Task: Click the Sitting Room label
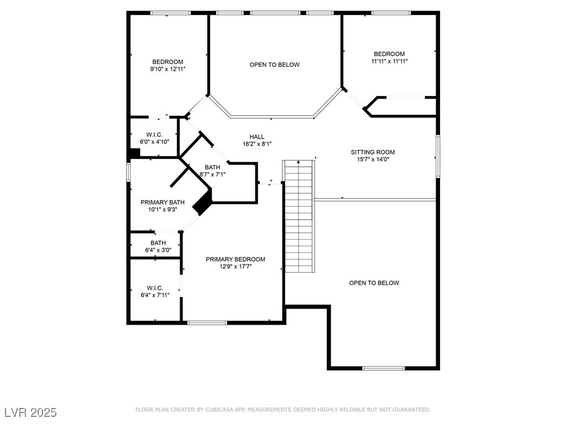[x=373, y=152]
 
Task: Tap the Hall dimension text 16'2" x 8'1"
[x=256, y=144]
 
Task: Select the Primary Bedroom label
[x=235, y=259]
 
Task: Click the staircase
[x=299, y=215]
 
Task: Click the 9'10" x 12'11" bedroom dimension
[x=167, y=69]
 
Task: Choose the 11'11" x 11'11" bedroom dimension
[x=389, y=61]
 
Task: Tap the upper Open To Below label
[x=274, y=65]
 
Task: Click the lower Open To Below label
[x=374, y=283]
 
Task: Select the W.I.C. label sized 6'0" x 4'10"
[x=154, y=135]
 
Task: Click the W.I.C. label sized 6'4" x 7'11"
[x=155, y=288]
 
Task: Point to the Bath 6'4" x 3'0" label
[x=158, y=243]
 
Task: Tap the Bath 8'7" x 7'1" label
[x=212, y=167]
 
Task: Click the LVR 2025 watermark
[x=30, y=412]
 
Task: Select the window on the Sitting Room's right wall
[x=437, y=156]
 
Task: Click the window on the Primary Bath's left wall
[x=128, y=171]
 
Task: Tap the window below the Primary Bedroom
[x=207, y=322]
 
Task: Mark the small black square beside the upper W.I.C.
[x=134, y=154]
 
